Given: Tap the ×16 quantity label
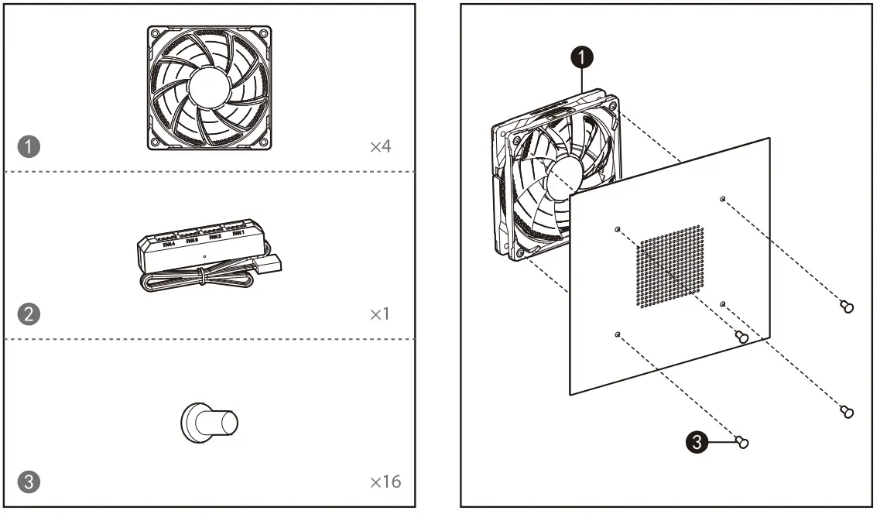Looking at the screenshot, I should [385, 482].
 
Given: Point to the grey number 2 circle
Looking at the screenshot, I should [29, 314].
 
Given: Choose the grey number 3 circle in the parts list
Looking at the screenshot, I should [29, 481].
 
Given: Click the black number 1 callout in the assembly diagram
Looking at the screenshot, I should [582, 56].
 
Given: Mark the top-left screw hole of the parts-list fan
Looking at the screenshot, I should [155, 34].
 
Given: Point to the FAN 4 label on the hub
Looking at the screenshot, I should [169, 245].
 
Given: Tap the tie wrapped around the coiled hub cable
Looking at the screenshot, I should [203, 273].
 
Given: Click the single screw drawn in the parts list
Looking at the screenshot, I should [209, 423].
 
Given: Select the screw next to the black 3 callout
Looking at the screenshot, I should [742, 442].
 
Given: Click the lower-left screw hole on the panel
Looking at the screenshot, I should [617, 334].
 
